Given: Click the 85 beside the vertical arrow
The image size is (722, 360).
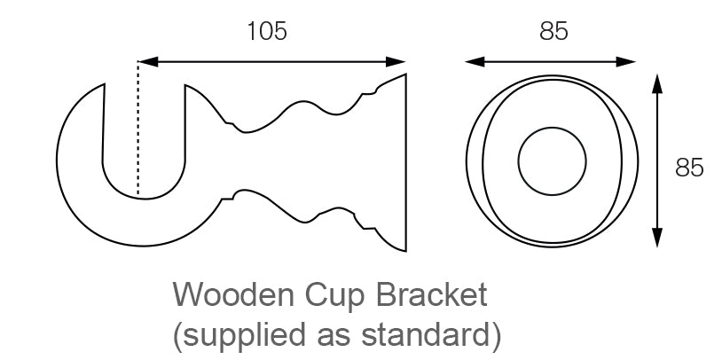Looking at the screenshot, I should coord(689,168).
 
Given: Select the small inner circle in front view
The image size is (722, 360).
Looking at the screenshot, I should coord(552,160).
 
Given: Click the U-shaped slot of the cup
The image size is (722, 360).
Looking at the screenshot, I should coord(145,142).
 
